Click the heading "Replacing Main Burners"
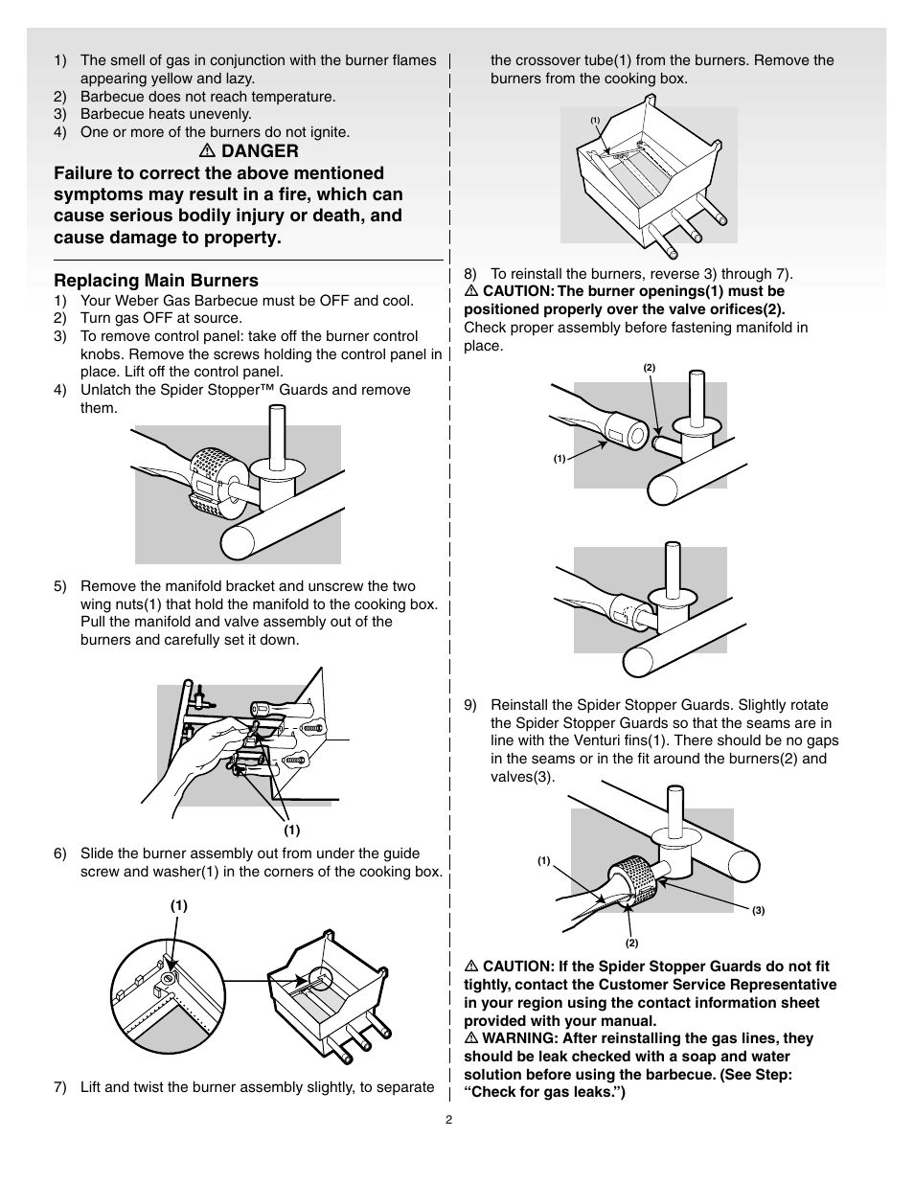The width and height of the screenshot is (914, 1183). [156, 281]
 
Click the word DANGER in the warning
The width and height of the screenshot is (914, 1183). [260, 151]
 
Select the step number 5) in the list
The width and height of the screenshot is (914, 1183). [60, 586]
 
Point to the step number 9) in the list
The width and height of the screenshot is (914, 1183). [470, 705]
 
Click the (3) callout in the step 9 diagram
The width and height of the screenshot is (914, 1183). [758, 911]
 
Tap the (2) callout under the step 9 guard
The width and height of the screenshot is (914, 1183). [632, 944]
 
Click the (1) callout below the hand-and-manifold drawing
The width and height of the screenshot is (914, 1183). [291, 830]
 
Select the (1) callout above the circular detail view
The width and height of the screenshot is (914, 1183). [179, 905]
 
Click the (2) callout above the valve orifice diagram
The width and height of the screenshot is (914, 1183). [649, 369]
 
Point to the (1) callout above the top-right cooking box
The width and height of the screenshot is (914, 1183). [595, 120]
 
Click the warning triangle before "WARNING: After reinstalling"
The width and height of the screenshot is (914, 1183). [471, 1038]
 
